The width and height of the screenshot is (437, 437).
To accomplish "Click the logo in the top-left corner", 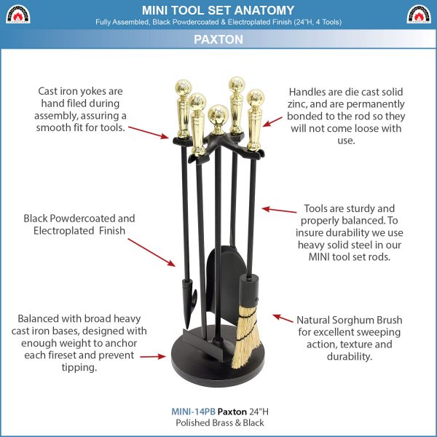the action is [x=17, y=14].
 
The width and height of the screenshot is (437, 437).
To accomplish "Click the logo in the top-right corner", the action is [x=419, y=14].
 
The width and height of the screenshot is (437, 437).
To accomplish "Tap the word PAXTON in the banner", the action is [x=219, y=39].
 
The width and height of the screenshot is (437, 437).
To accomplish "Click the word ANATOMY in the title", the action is [x=264, y=10].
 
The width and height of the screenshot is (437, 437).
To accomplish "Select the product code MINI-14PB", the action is [x=193, y=412].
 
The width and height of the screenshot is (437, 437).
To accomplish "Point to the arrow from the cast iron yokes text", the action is [x=149, y=133].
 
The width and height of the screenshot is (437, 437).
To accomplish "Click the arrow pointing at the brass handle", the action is [x=272, y=122].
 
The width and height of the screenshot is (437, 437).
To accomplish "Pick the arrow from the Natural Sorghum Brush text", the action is [x=283, y=318].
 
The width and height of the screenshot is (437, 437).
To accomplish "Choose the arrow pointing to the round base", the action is [x=153, y=356].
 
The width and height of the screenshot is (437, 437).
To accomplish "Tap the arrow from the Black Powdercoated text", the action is [x=151, y=253].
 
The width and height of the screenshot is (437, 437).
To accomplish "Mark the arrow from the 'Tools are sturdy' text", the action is [x=279, y=210].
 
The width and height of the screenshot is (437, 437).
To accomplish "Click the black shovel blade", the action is [x=227, y=284].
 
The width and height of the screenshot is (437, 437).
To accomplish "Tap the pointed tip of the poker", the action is [x=187, y=328].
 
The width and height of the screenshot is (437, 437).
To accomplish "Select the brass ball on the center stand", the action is [x=219, y=115].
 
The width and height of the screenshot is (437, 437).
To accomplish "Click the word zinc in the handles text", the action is [x=297, y=104].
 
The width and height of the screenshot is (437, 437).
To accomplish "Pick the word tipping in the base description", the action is [x=79, y=368].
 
